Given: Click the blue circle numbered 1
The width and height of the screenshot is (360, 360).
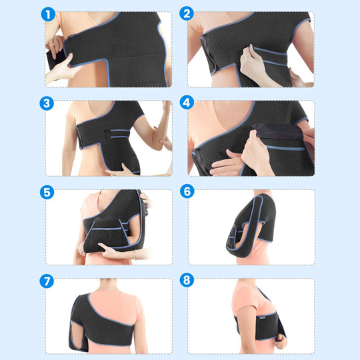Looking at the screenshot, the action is (x=48, y=14).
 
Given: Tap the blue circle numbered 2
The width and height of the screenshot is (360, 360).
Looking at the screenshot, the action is (x=187, y=13).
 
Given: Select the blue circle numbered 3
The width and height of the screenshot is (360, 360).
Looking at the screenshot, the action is (x=47, y=103).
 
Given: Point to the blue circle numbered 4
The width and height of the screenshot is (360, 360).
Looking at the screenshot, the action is (x=187, y=103).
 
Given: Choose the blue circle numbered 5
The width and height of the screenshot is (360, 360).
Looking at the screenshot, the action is (x=47, y=192).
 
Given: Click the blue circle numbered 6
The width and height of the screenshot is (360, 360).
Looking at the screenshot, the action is (x=187, y=191).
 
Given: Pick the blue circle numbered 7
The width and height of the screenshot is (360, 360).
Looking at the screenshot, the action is (x=47, y=281).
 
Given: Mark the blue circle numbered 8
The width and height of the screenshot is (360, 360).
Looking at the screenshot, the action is (x=187, y=280).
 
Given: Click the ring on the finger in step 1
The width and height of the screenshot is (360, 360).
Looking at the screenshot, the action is (x=54, y=44).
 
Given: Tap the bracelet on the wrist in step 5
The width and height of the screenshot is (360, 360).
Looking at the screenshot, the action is (x=135, y=255).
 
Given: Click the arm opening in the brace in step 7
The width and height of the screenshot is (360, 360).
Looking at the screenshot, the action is (x=77, y=333).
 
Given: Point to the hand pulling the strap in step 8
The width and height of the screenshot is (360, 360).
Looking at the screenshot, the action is (x=281, y=341).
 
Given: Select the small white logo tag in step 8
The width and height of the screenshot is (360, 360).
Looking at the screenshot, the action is (x=263, y=318).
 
